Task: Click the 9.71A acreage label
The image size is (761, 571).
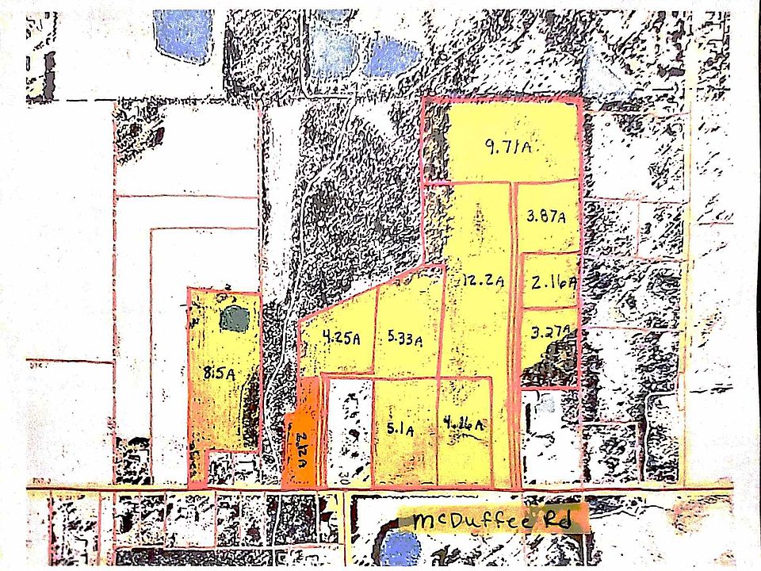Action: click(507, 146)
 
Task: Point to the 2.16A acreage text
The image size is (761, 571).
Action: click(553, 282)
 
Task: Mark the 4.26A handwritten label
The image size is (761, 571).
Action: click(465, 424)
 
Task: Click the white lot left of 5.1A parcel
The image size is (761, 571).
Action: click(350, 432)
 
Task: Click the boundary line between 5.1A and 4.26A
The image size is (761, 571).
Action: click(437, 432)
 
